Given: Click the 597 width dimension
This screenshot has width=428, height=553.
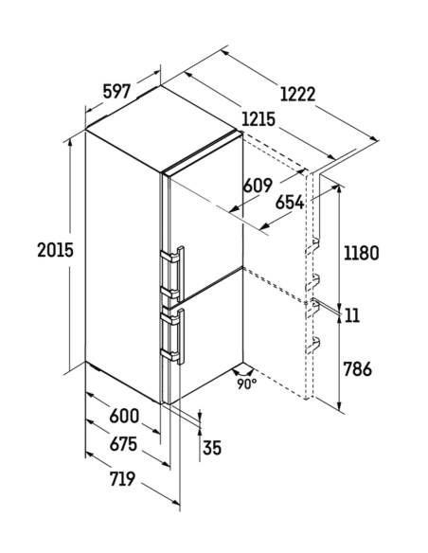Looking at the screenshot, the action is click(x=117, y=92).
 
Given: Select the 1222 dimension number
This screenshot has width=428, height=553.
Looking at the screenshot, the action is click(x=298, y=94).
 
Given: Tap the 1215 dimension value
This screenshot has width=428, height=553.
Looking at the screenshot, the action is click(x=259, y=119).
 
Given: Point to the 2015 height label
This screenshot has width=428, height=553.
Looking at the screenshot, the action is click(x=55, y=250).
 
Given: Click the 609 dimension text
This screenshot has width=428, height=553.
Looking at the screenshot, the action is click(x=259, y=186).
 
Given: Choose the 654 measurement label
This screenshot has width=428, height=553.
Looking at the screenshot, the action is click(x=290, y=203).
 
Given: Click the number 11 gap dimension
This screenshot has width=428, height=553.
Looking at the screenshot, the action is click(x=352, y=315).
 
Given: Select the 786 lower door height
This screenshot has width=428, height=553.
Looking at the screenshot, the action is click(x=358, y=369).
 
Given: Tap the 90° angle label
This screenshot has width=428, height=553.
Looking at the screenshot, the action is click(x=247, y=384).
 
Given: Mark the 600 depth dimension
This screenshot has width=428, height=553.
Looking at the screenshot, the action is click(x=124, y=416).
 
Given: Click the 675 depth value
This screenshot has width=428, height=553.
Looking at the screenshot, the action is click(x=123, y=444).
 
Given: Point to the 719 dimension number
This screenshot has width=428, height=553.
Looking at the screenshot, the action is click(x=122, y=478).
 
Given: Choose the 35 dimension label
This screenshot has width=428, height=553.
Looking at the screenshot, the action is click(x=212, y=448).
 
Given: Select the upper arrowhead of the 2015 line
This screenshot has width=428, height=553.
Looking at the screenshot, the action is click(x=70, y=141).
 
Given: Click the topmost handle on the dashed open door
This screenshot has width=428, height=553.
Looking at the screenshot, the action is click(x=312, y=244).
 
